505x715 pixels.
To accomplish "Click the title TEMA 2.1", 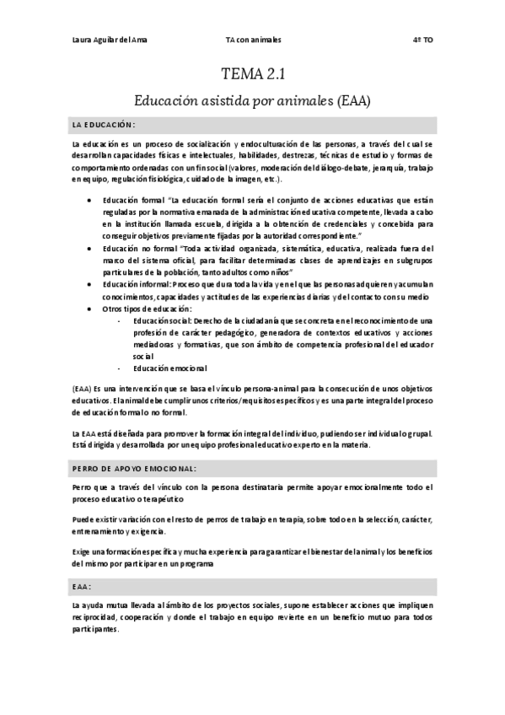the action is [x=252, y=75].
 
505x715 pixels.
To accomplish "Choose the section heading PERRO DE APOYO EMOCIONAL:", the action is [x=134, y=466].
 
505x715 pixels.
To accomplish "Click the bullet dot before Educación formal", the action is [x=90, y=201].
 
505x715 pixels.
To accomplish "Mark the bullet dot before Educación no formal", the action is [x=90, y=249].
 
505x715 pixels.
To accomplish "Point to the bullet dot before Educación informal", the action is [x=90, y=285].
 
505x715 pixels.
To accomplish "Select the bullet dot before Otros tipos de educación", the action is [x=90, y=309].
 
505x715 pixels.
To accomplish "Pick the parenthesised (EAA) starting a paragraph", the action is [x=82, y=387].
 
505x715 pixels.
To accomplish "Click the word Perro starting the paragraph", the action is [x=83, y=487].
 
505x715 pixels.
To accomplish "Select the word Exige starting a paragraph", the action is [x=83, y=551].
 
